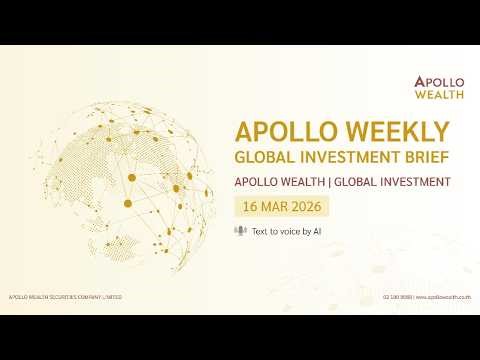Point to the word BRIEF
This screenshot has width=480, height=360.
(422, 157)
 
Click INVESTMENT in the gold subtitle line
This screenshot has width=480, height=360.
(349, 157)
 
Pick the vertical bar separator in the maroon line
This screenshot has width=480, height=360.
(328, 183)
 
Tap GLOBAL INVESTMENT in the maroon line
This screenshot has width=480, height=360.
(391, 183)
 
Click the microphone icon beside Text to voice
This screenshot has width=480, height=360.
(239, 231)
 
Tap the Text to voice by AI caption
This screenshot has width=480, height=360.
(286, 231)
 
